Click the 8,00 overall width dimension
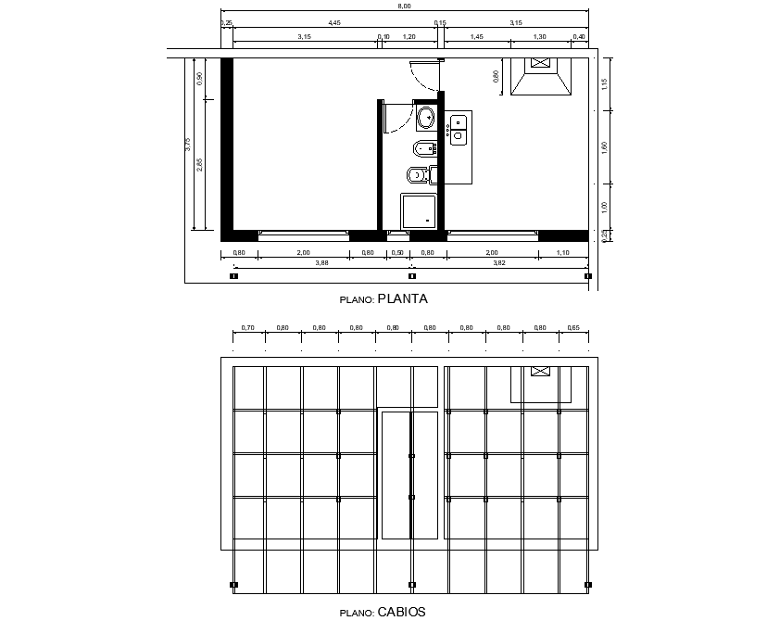click(x=405, y=6)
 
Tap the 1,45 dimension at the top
click(x=476, y=36)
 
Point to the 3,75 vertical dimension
click(x=187, y=144)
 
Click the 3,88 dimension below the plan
click(x=321, y=263)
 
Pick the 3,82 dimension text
click(x=498, y=263)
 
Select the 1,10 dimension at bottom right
click(x=564, y=252)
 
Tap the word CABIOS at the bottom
click(x=401, y=612)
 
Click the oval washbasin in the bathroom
click(x=426, y=119)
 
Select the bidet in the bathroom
click(x=423, y=147)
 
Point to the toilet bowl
click(x=417, y=175)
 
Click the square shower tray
click(x=418, y=210)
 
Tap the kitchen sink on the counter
click(x=458, y=128)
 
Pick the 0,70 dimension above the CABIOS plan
click(x=247, y=327)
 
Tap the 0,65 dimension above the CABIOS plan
click(x=573, y=327)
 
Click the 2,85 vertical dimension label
click(x=200, y=165)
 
